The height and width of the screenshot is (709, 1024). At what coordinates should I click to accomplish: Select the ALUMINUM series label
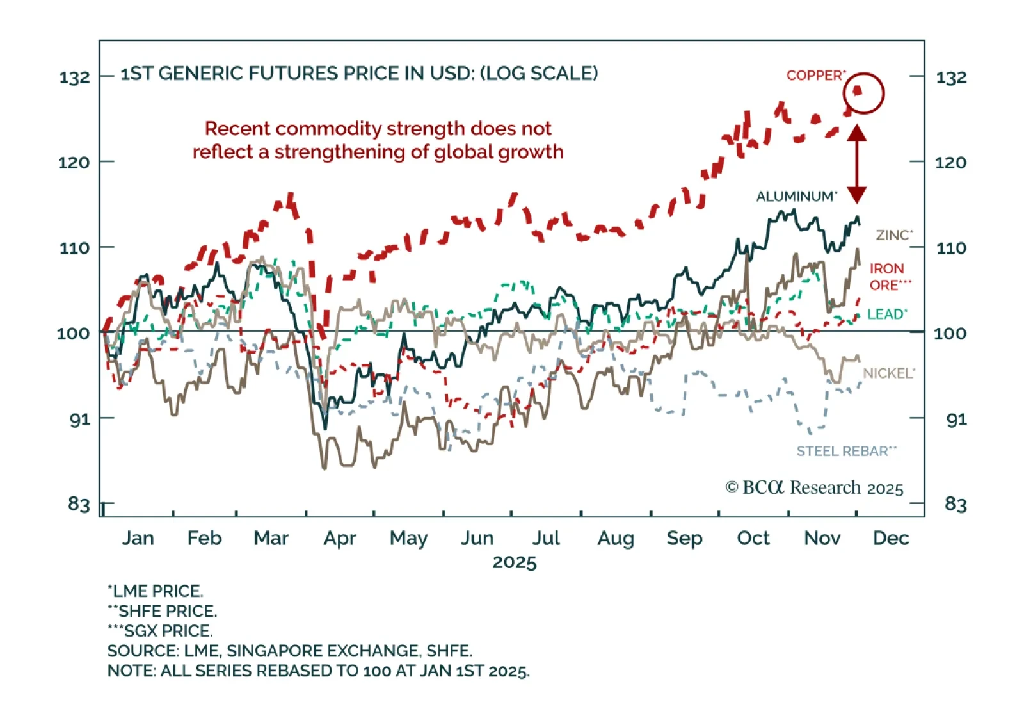(x=796, y=197)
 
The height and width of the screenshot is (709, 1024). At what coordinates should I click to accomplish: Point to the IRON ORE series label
(x=890, y=277)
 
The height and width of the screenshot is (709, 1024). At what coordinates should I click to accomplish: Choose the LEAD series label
(x=887, y=314)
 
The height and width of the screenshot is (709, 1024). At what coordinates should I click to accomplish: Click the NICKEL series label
(x=889, y=373)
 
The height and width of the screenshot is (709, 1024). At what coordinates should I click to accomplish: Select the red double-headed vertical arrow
(x=857, y=164)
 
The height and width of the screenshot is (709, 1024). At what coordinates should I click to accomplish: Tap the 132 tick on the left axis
(x=74, y=77)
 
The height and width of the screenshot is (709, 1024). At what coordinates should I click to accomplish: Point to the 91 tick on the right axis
(x=956, y=420)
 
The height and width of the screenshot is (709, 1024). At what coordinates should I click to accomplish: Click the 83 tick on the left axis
(x=79, y=505)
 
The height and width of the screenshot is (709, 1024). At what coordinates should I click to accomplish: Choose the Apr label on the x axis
(x=339, y=538)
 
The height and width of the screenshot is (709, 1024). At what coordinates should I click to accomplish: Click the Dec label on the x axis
(x=890, y=538)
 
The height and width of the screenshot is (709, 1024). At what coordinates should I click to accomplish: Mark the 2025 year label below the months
(x=514, y=562)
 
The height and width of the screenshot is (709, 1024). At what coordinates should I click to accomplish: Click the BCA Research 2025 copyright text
(x=814, y=488)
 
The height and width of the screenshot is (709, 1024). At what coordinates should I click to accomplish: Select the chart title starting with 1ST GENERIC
(x=359, y=74)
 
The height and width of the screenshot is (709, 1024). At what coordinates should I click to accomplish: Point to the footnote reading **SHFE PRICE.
(x=163, y=611)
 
